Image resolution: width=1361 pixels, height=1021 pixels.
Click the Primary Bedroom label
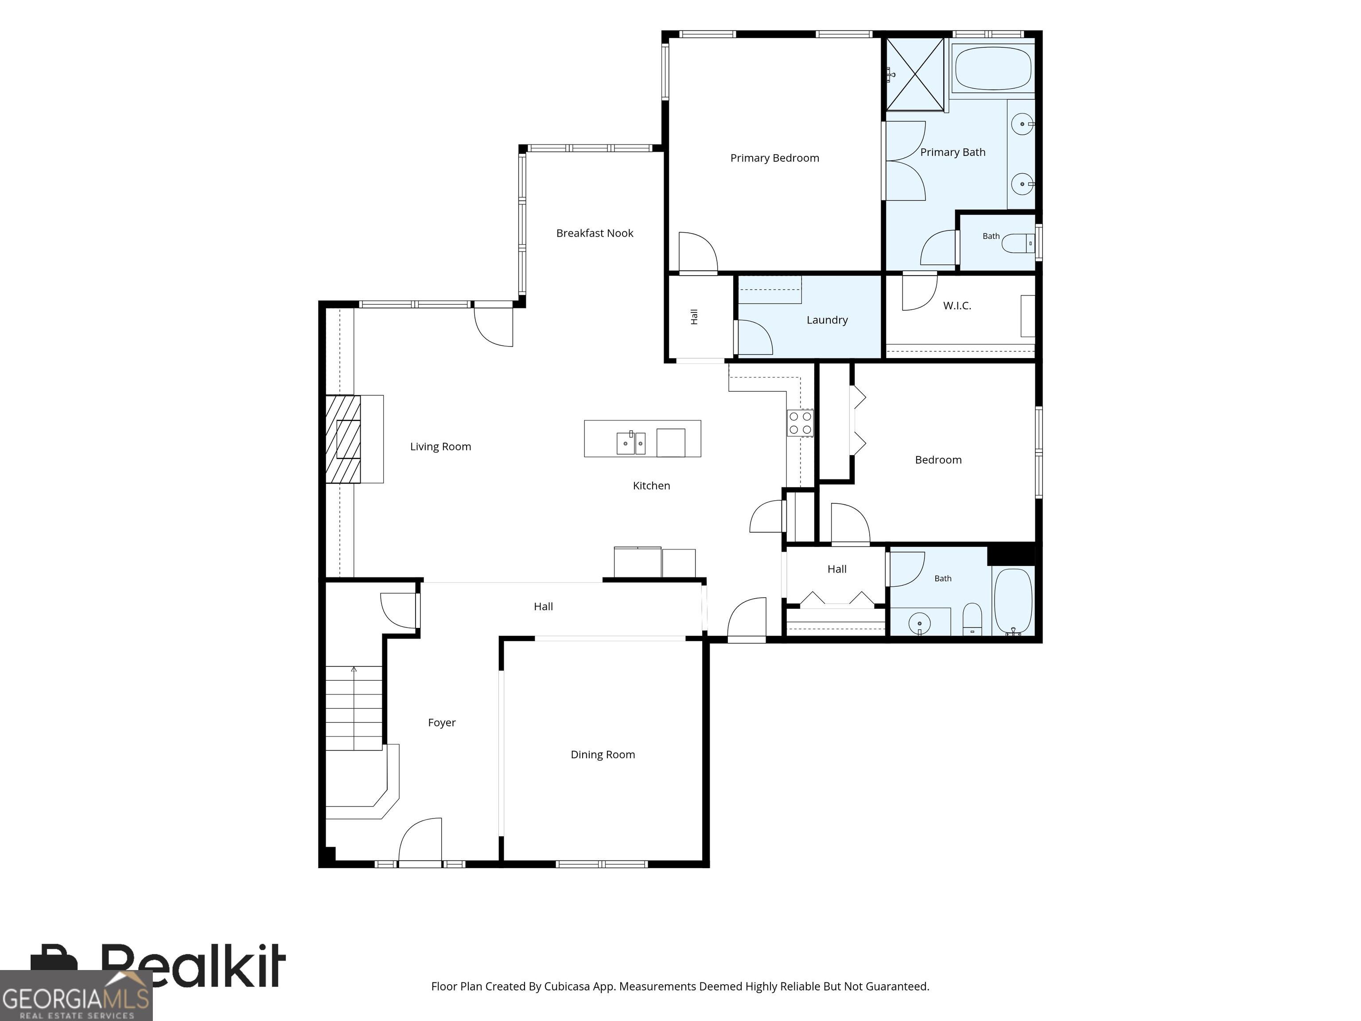click(774, 158)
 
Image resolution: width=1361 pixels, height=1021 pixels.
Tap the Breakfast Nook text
click(595, 233)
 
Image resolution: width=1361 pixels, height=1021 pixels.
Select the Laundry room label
click(827, 320)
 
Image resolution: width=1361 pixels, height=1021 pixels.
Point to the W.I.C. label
click(957, 305)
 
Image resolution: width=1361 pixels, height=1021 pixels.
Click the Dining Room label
click(603, 755)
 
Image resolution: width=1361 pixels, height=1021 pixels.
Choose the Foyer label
click(442, 722)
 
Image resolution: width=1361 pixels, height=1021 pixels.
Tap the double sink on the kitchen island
click(631, 443)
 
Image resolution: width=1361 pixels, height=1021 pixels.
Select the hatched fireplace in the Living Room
click(343, 439)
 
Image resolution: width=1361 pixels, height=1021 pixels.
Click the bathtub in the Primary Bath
click(992, 69)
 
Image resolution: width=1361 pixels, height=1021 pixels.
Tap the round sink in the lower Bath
click(920, 624)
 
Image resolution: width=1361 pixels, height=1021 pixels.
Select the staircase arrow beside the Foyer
click(354, 708)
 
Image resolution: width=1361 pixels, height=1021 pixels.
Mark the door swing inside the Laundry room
click(755, 337)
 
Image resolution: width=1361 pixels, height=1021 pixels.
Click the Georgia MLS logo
click(76, 995)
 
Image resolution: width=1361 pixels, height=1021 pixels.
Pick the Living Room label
click(440, 447)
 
